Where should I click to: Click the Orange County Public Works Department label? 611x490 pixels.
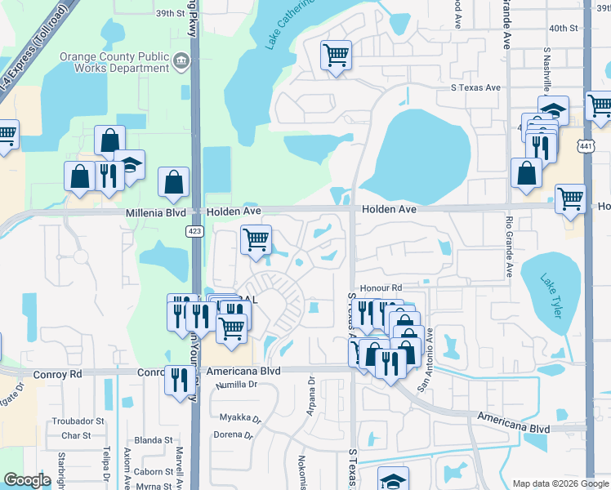[114, 62]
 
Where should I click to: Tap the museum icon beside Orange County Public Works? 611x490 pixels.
[181, 59]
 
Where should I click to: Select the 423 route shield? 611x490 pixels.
[194, 232]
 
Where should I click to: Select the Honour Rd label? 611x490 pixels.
[385, 288]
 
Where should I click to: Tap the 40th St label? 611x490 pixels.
[564, 29]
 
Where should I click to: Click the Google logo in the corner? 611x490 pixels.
[27, 480]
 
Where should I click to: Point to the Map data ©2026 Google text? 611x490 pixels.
[560, 483]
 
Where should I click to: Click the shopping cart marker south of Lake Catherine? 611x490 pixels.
[336, 56]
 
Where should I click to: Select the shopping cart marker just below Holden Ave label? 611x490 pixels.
[256, 241]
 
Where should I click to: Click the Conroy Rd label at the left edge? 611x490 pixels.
[58, 373]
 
